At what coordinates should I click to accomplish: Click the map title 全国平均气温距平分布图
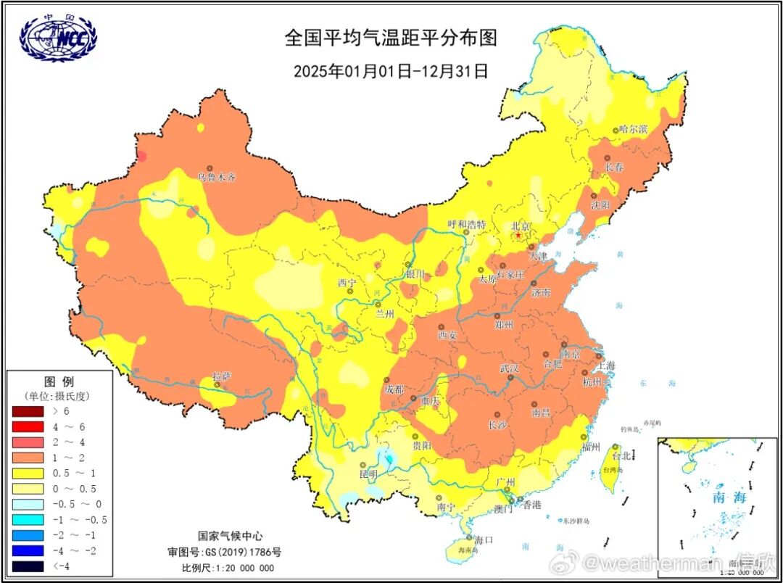click(x=391, y=38)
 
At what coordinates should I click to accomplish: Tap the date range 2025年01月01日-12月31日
click(x=391, y=71)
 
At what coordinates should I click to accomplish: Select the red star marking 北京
click(x=518, y=236)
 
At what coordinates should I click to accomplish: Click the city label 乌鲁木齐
click(x=217, y=177)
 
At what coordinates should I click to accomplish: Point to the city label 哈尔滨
click(x=633, y=129)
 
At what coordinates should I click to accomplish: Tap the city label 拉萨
click(x=221, y=376)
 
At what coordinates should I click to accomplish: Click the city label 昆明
click(x=368, y=474)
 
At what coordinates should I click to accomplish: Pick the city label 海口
click(x=484, y=539)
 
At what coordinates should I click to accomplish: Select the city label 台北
click(x=622, y=456)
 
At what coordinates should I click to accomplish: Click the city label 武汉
click(x=510, y=368)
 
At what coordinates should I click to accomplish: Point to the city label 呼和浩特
click(x=466, y=224)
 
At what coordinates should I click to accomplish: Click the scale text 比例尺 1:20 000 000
click(x=228, y=567)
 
